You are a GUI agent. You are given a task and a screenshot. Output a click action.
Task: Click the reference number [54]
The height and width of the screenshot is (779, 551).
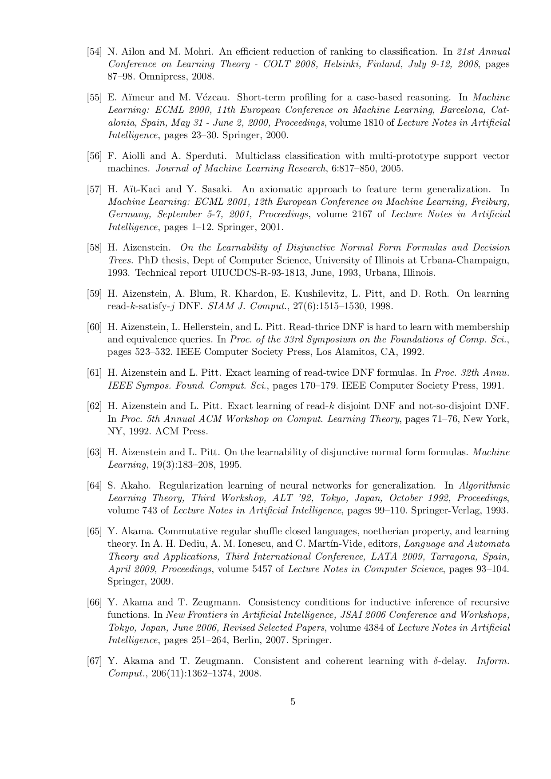pyautogui.click(x=94, y=52)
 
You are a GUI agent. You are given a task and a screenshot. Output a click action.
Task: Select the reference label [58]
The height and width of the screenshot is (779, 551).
pyautogui.click(x=94, y=247)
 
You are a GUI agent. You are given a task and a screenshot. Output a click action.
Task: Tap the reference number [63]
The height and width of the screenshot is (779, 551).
pyautogui.click(x=94, y=452)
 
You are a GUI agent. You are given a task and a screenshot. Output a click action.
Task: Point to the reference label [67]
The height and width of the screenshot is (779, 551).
pyautogui.click(x=94, y=661)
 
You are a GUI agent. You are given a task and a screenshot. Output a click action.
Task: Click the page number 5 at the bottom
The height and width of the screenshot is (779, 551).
pyautogui.click(x=293, y=702)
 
